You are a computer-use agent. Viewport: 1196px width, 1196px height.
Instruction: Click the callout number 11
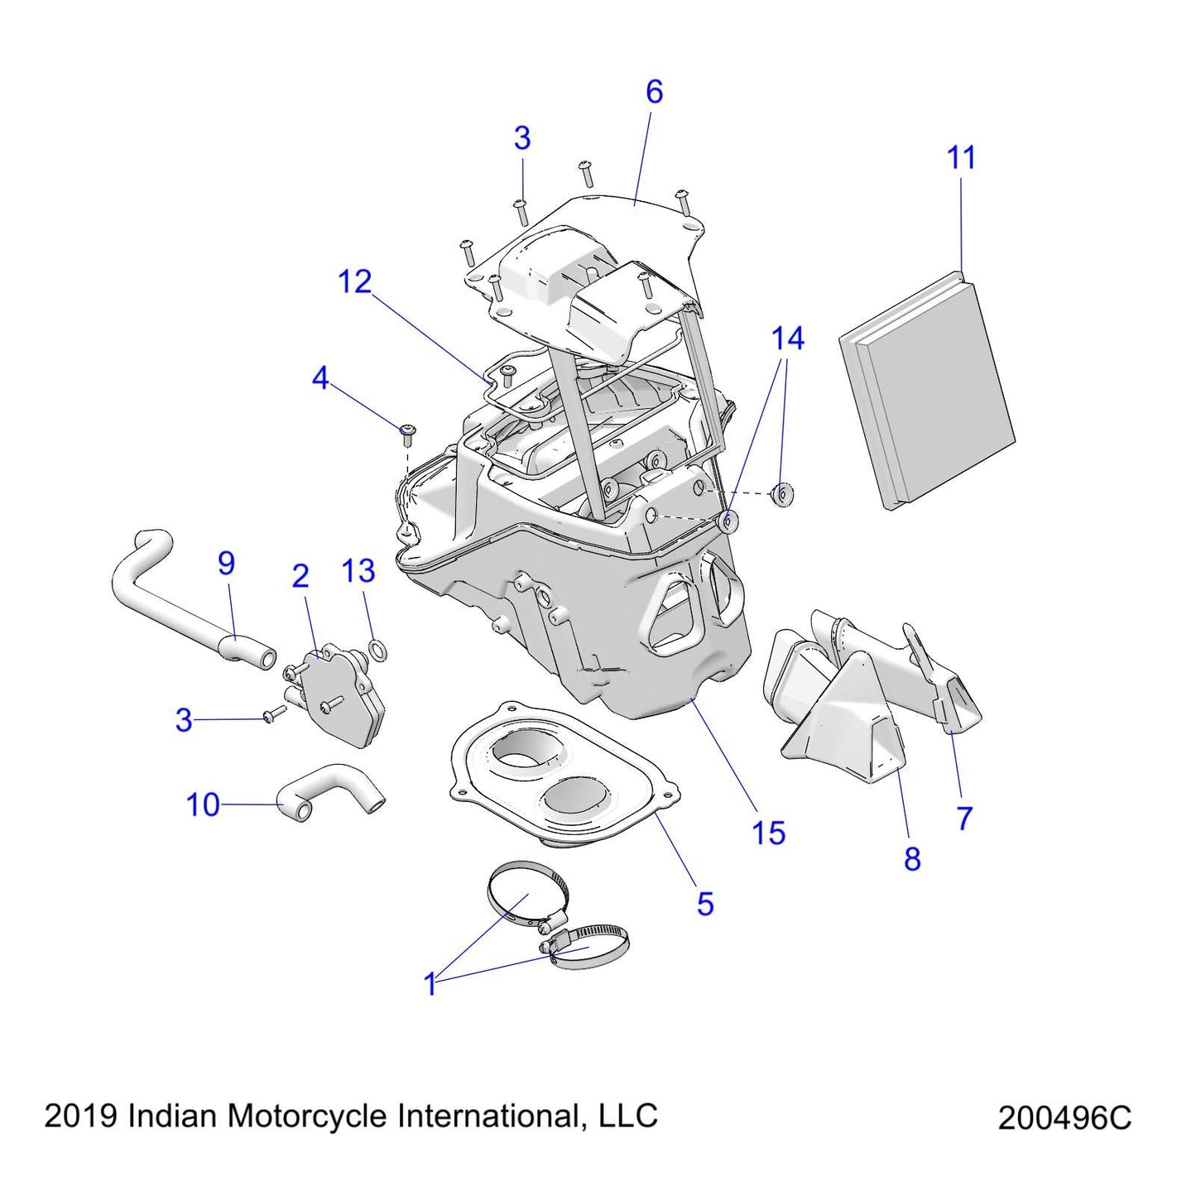961,157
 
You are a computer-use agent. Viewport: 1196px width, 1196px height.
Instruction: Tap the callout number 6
654,92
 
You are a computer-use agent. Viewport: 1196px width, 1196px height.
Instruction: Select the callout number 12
355,282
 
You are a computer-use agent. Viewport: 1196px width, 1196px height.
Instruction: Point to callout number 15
768,833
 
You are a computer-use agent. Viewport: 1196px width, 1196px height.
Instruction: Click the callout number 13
358,571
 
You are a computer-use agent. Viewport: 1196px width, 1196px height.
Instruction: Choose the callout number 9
226,564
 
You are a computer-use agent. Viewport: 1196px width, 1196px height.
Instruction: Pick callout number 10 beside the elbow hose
203,805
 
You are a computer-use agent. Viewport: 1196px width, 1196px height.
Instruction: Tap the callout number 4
320,378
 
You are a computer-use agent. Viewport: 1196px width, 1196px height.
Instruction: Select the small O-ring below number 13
377,653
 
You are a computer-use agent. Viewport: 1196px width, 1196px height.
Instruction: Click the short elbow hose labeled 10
331,790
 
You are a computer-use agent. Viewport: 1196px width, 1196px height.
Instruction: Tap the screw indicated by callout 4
407,430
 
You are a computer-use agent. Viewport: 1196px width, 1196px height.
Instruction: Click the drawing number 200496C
1064,1118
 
